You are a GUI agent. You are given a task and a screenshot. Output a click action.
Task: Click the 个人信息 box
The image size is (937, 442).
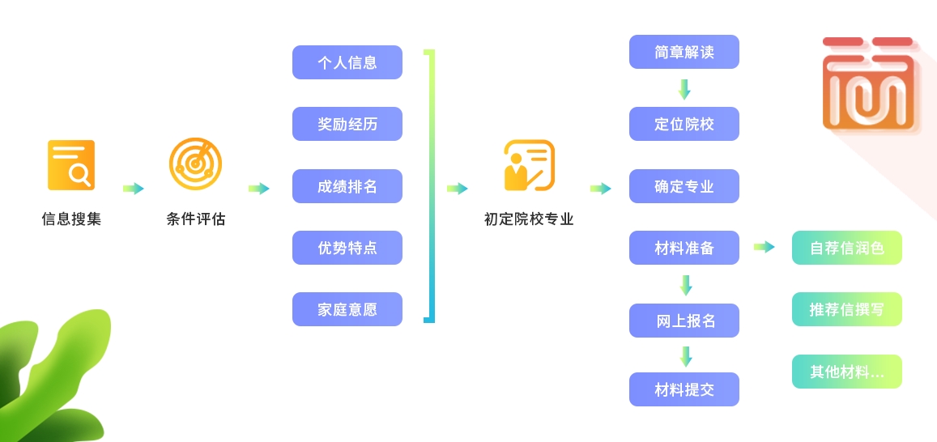coord(347,62)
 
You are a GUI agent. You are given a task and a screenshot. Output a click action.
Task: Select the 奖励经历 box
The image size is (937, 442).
coord(347,124)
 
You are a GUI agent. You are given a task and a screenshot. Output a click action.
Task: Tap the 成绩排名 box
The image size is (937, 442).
coord(347,186)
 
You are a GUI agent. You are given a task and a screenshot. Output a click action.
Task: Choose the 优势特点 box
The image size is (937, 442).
coord(347,248)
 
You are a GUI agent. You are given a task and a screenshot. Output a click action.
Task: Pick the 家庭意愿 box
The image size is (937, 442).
coord(347,309)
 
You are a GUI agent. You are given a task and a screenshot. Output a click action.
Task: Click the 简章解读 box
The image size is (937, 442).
coord(684,52)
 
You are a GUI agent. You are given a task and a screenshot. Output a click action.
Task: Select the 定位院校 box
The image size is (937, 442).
coord(684,124)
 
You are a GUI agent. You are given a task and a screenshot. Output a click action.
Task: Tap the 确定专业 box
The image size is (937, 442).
coord(684,186)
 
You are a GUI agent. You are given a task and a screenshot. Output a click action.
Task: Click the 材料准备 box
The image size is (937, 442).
coord(684,248)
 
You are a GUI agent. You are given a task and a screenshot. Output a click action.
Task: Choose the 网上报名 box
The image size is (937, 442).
coord(684,321)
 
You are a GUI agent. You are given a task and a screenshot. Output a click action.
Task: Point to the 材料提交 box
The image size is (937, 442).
coord(684,389)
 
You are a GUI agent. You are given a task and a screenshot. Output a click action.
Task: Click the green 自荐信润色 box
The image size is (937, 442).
coord(846,248)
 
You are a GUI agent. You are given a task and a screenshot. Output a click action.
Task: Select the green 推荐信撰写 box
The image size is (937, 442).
coord(846,309)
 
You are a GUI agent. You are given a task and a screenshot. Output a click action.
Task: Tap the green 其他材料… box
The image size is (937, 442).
coord(846,372)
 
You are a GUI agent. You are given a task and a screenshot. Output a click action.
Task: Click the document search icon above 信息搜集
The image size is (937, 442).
coord(71,165)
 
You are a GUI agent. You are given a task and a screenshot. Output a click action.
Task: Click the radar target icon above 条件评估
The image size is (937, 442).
coord(195,164)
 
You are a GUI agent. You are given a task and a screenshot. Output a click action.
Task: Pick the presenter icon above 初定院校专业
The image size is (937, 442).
coord(529,165)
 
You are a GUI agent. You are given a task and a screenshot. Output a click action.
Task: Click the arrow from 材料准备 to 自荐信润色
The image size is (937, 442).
coord(764,247)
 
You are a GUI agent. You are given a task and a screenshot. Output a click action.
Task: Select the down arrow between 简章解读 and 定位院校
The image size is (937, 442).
coord(684,89)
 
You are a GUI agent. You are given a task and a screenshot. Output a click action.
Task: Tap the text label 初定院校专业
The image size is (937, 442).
coord(529,219)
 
